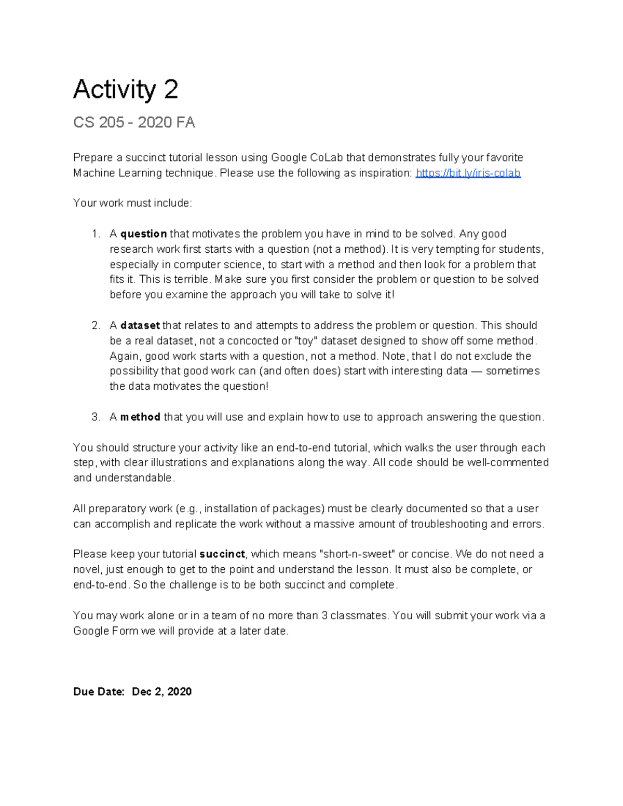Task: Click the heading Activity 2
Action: point(126,89)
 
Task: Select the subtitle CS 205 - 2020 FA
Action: point(134,122)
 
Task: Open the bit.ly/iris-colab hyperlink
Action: point(468,173)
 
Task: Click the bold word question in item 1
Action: point(143,234)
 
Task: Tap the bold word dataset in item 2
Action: point(140,325)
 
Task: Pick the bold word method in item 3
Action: point(140,417)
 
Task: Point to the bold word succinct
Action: point(222,554)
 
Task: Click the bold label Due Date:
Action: point(99,692)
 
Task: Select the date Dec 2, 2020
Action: point(162,692)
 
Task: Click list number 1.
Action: point(96,234)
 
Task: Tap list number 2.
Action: point(96,325)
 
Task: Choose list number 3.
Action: point(96,417)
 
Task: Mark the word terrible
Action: point(194,280)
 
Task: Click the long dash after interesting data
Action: point(477,371)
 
